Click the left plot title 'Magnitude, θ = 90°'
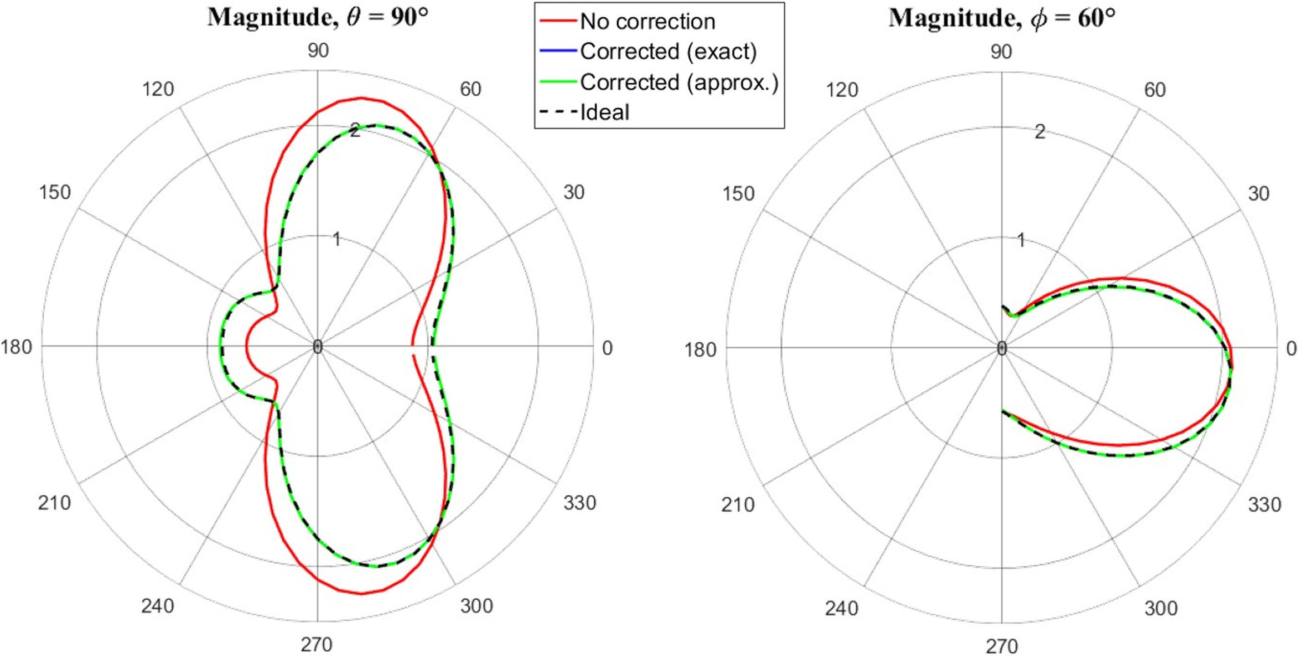[318, 18]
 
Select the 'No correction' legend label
[648, 21]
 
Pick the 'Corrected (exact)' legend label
[668, 51]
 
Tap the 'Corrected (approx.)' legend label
[679, 82]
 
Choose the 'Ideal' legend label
[605, 112]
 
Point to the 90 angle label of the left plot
[318, 50]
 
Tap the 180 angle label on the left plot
[16, 347]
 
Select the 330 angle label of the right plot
[1264, 504]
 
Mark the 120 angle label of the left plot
[158, 89]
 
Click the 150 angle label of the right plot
[738, 193]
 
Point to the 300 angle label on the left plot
[476, 606]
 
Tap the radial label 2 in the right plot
[1040, 132]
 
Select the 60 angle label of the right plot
[1155, 90]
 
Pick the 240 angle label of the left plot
[157, 606]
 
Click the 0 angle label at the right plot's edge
[1291, 348]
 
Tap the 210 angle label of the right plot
[738, 504]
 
